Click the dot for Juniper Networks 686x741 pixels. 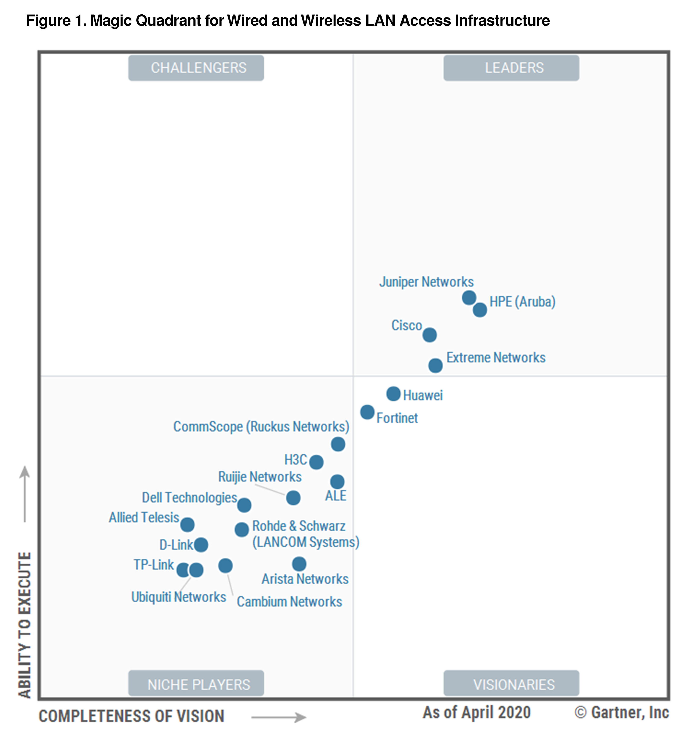[x=469, y=297]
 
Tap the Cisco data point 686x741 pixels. [x=429, y=335]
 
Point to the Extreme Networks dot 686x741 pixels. [x=435, y=365]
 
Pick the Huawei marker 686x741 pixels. [x=393, y=394]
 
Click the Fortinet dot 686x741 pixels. [x=367, y=412]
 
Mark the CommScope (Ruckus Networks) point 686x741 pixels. [x=338, y=444]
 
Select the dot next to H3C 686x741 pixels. [x=316, y=462]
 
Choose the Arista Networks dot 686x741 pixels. [x=299, y=564]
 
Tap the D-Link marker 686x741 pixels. [x=201, y=545]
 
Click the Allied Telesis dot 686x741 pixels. [x=188, y=525]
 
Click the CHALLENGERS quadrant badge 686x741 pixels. [x=196, y=68]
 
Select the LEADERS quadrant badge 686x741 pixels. [x=511, y=68]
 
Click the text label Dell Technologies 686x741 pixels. [x=189, y=498]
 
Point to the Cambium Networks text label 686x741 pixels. [x=289, y=602]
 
